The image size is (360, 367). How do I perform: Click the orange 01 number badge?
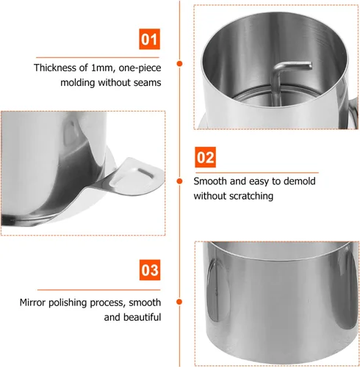tap(149, 39)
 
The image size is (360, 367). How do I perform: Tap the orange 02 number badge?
tap(205, 157)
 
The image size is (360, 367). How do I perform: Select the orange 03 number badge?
tap(150, 270)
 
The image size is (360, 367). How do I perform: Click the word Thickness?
tap(55, 68)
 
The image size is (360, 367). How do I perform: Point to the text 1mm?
tap(104, 68)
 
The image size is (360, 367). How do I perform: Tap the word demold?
tap(299, 181)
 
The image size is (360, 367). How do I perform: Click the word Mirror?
tap(33, 302)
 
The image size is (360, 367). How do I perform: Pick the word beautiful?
tap(142, 317)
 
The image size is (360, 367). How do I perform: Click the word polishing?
tap(68, 303)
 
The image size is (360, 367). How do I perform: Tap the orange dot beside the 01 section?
tap(180, 64)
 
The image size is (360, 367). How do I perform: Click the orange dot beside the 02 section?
tap(180, 181)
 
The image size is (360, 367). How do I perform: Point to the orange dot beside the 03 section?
tap(179, 302)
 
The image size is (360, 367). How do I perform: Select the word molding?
tap(78, 83)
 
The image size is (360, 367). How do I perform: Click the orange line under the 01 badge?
tap(98, 57)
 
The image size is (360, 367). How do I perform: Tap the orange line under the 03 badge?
tap(99, 290)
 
